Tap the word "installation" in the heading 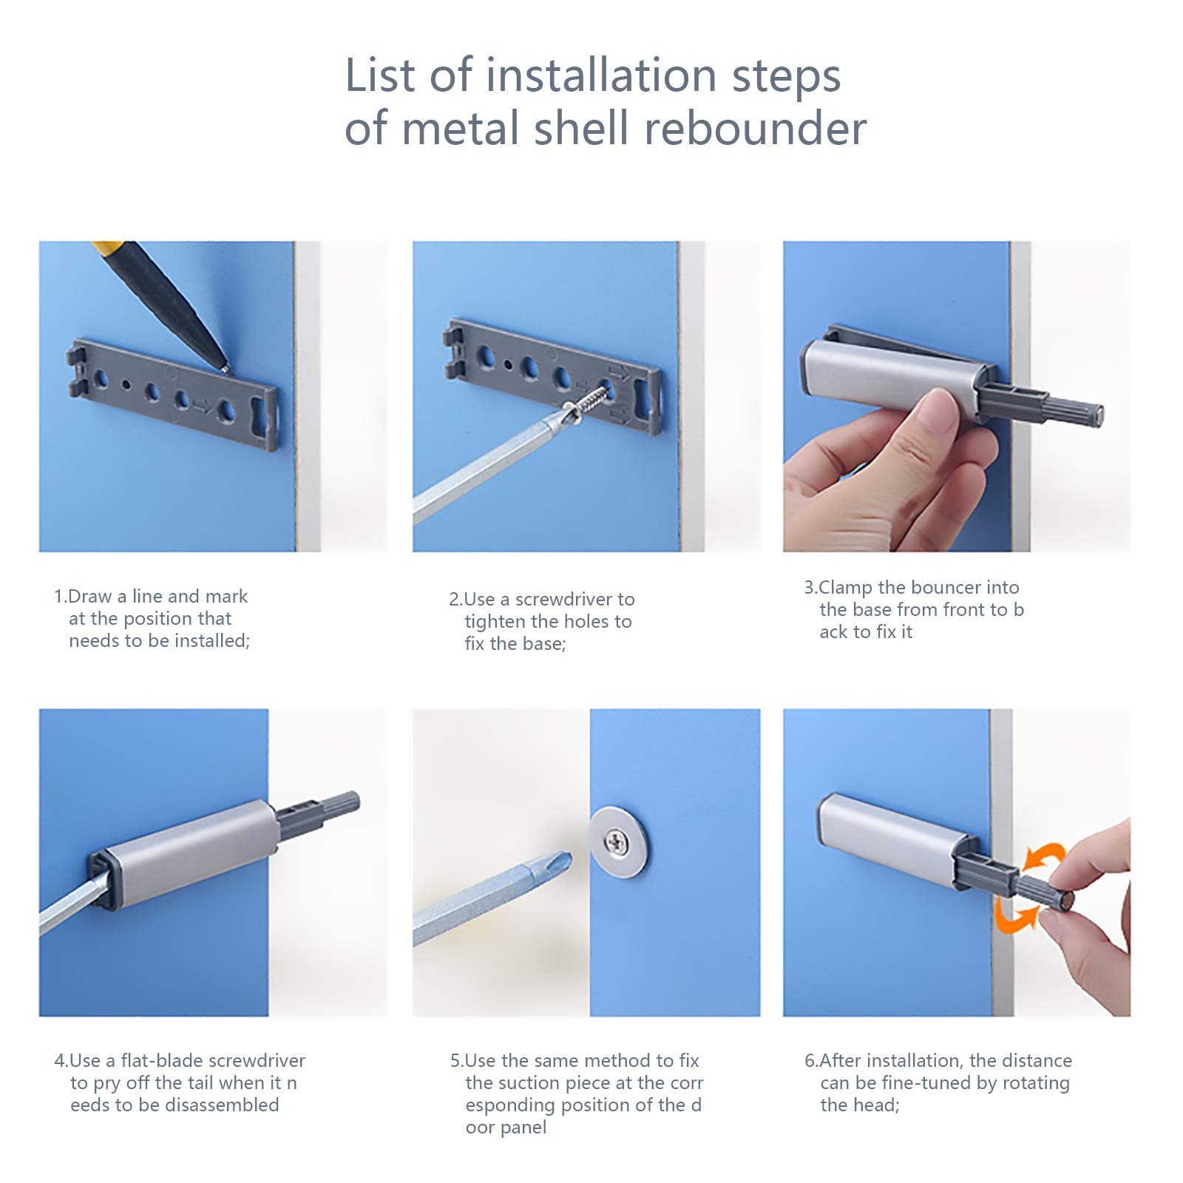point(601,75)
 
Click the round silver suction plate point(618,841)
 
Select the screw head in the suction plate point(617,840)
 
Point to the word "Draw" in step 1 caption point(90,597)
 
